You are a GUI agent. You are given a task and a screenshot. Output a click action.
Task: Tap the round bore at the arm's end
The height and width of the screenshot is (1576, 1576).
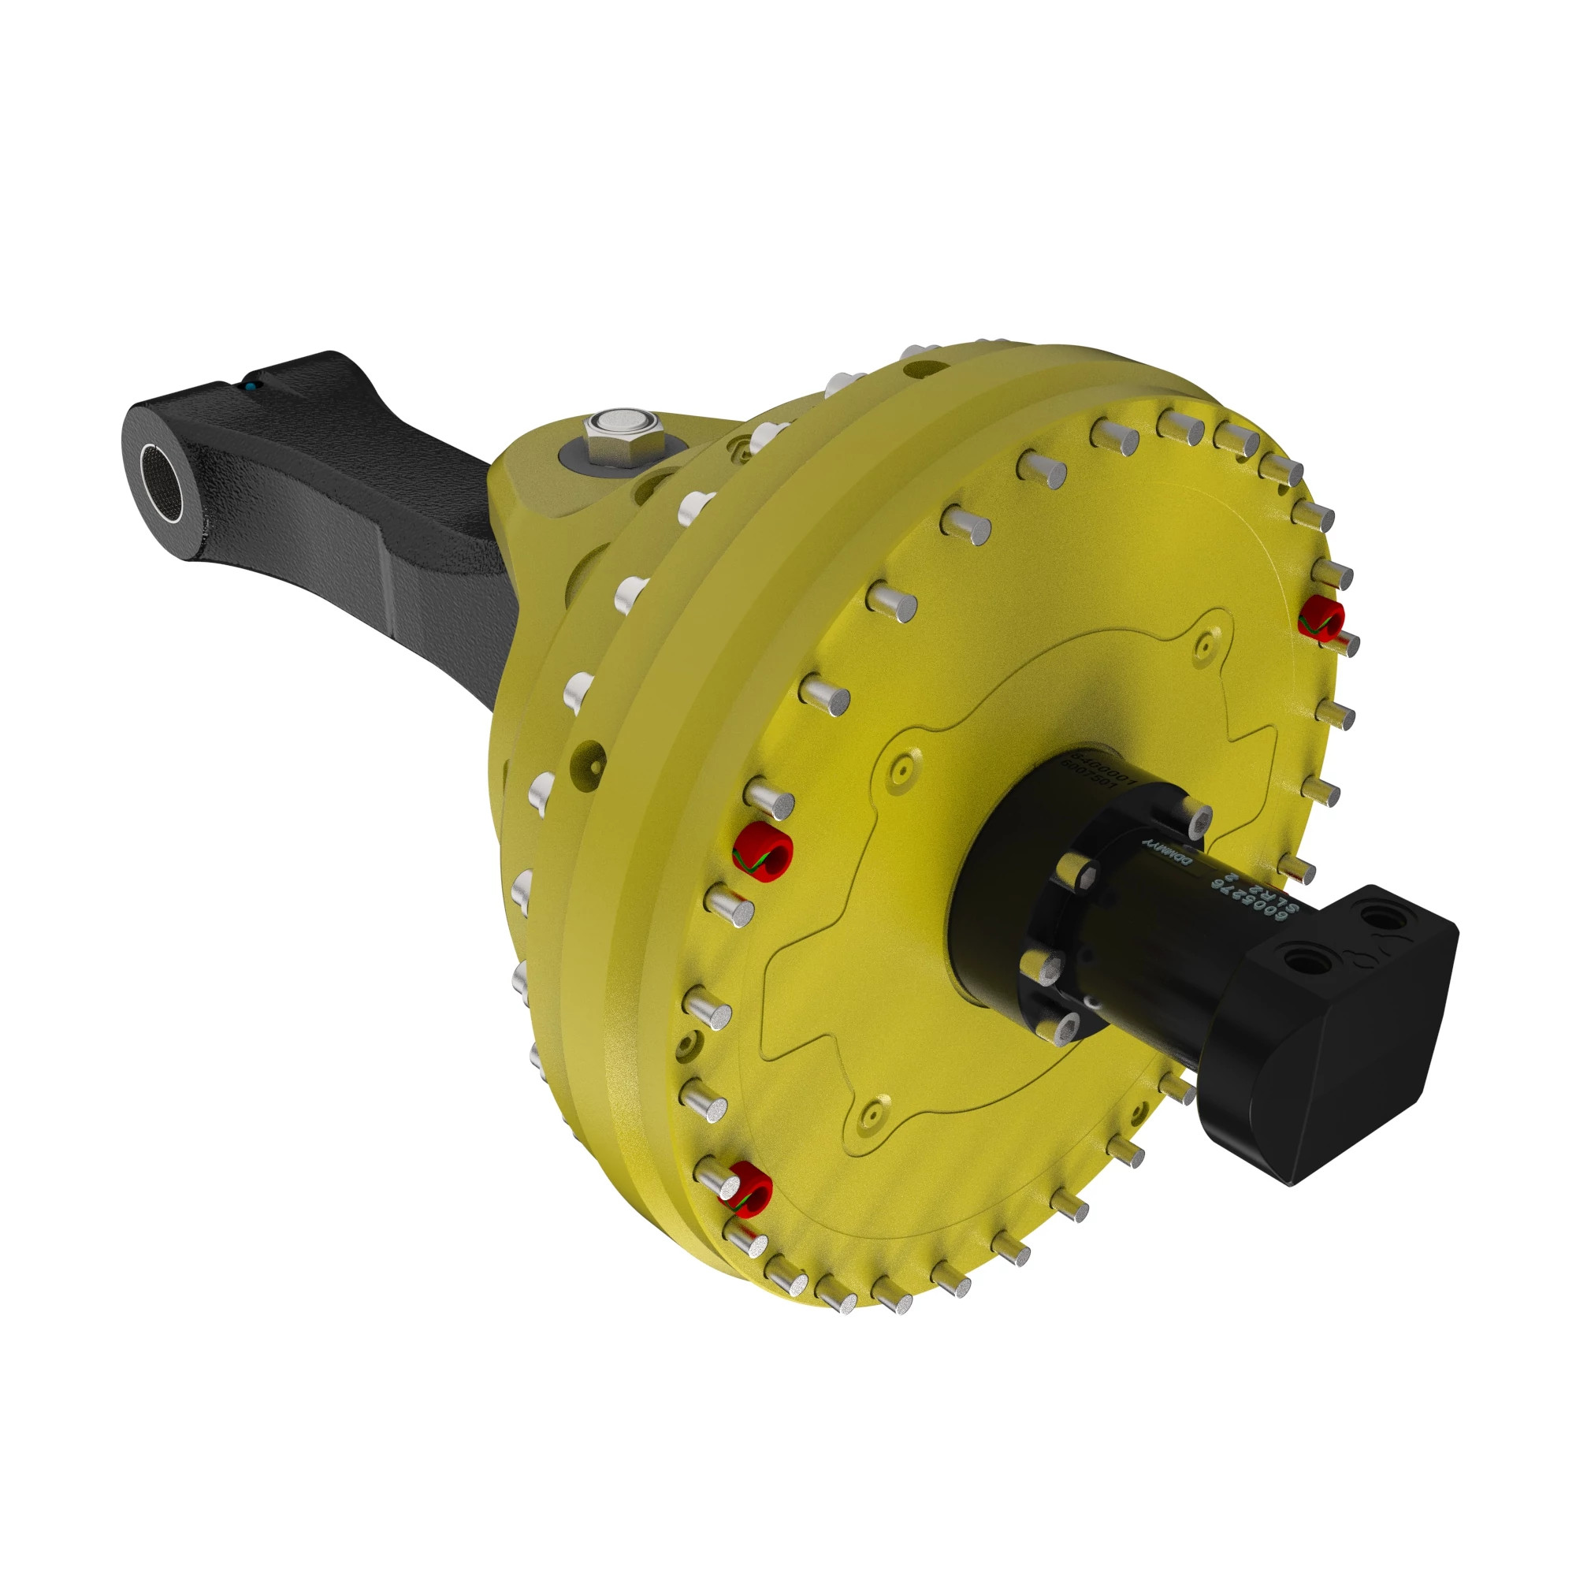tap(161, 483)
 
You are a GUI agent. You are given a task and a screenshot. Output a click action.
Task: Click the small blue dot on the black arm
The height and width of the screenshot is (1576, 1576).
tap(253, 384)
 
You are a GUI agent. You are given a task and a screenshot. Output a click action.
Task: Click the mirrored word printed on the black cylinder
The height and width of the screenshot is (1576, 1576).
tap(1166, 853)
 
